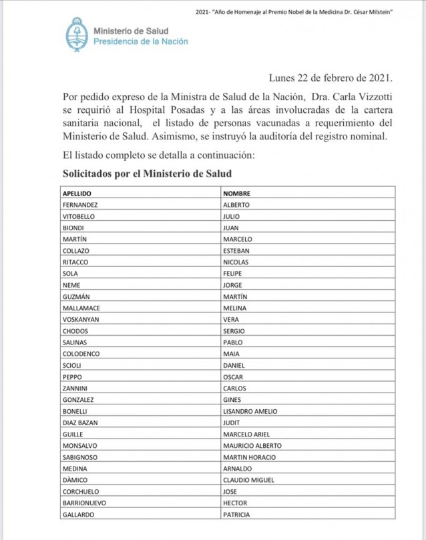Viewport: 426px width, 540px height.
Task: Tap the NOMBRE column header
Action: click(236, 194)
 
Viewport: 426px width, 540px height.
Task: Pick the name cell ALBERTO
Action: click(236, 205)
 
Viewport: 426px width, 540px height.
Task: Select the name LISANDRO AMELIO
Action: click(250, 411)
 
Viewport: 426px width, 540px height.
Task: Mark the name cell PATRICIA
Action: click(237, 514)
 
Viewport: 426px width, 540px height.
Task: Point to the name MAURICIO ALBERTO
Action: click(252, 445)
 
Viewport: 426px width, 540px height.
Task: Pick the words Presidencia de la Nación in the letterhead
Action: click(140, 41)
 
